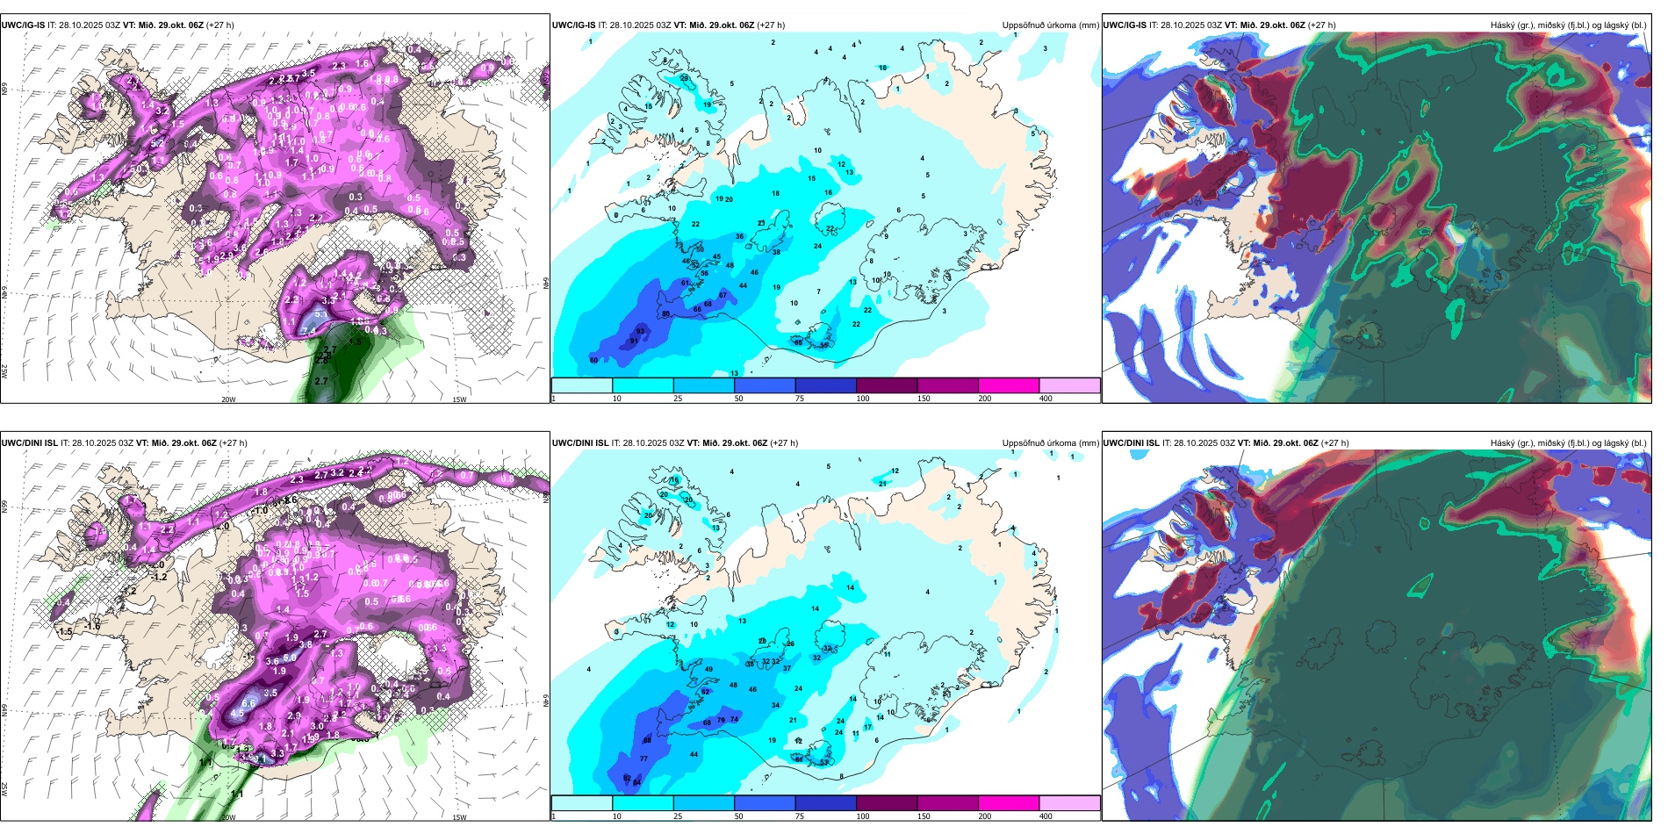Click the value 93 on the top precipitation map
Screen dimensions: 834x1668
coord(640,331)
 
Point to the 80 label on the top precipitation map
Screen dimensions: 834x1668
coord(665,313)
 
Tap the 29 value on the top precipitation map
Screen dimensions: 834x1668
coord(685,78)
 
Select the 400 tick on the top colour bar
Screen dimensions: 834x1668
coord(1046,399)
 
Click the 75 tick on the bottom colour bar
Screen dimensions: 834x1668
coord(800,816)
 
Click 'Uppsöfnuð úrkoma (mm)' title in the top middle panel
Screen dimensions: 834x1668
coord(1050,25)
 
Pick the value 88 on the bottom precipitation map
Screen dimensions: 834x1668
coord(647,741)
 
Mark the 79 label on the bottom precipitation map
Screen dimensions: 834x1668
coord(722,720)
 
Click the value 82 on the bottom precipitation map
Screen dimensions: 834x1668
coord(627,778)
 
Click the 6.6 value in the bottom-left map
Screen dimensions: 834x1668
coord(248,703)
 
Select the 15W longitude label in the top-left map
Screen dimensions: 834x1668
coord(458,399)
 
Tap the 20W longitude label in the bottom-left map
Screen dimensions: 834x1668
coord(228,817)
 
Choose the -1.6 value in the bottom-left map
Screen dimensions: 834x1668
coord(93,625)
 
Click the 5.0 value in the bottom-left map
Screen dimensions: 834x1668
coord(290,658)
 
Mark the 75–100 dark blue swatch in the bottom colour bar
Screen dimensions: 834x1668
coord(825,803)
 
